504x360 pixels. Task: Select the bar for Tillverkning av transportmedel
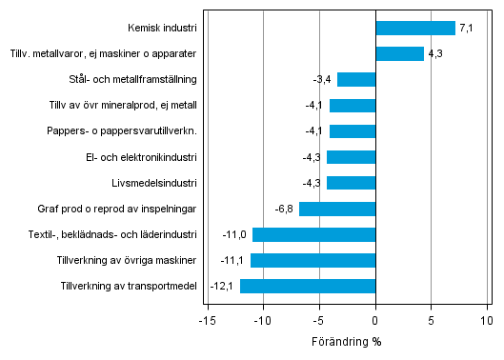click(x=308, y=286)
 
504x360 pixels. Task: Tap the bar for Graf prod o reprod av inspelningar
click(x=337, y=209)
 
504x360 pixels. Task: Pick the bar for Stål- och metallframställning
click(x=356, y=80)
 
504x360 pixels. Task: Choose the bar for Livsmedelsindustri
click(x=352, y=183)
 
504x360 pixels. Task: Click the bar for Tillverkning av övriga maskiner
click(x=313, y=260)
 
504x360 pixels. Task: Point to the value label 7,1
click(x=466, y=29)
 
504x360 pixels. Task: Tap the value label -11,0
click(x=237, y=234)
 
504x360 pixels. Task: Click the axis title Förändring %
click(x=347, y=341)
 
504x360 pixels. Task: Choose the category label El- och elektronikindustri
click(x=141, y=157)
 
